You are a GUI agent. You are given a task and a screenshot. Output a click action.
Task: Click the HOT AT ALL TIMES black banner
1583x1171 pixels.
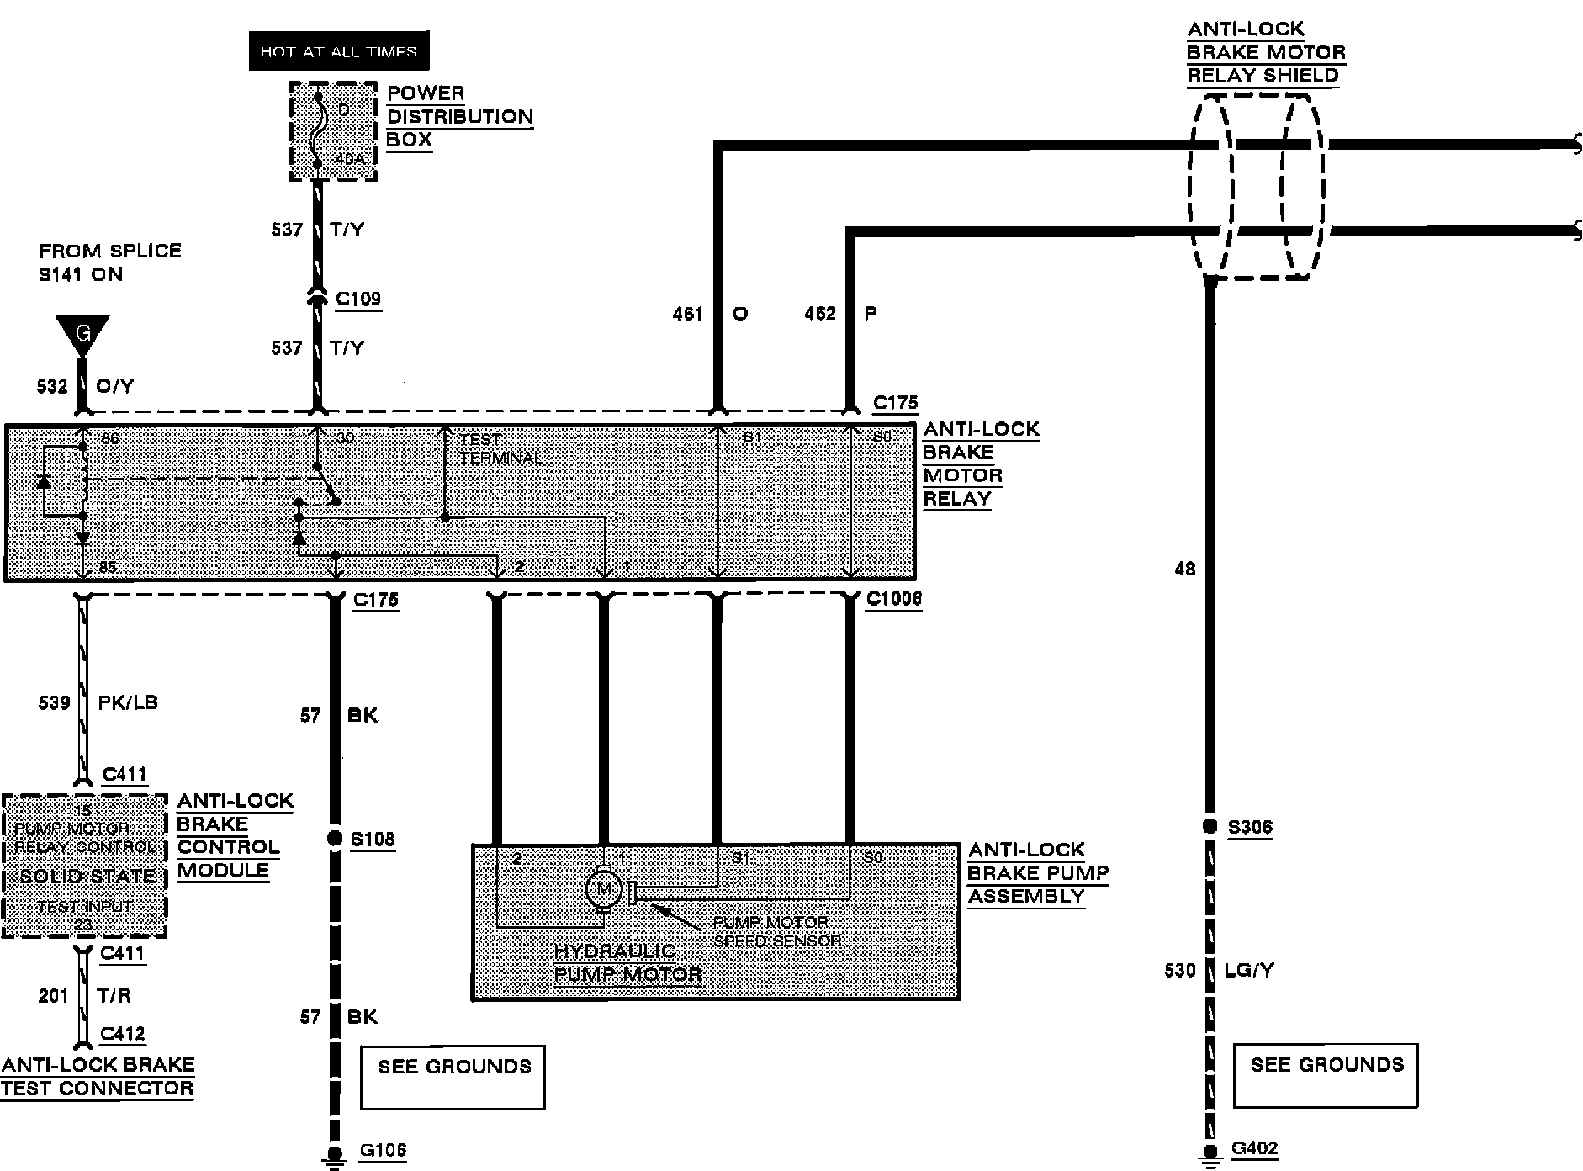click(338, 51)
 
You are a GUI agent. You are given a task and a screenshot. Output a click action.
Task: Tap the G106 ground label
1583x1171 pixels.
click(383, 1150)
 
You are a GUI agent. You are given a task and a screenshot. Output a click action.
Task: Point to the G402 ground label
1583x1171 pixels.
click(1255, 1148)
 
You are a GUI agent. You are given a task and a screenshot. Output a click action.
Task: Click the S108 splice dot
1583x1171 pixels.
click(335, 838)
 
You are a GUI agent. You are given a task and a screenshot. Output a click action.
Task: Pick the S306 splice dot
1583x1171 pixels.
click(1210, 826)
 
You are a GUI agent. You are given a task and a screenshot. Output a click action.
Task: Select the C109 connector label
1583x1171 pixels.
click(358, 299)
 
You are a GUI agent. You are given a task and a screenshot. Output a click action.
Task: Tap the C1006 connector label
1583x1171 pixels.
click(894, 599)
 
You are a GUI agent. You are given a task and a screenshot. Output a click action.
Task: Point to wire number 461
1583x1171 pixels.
click(687, 314)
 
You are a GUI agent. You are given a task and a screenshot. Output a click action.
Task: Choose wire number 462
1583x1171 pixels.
click(820, 314)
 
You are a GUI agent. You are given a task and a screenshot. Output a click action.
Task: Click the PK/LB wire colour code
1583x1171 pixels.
click(128, 702)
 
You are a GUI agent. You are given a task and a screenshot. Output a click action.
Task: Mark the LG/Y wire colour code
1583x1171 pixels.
click(1250, 970)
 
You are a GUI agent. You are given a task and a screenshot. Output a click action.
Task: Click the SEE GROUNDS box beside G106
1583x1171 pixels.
click(453, 1077)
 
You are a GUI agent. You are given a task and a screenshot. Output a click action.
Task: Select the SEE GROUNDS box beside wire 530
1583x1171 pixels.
click(1326, 1075)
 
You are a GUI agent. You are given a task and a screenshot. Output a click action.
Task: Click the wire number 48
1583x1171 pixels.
click(1184, 570)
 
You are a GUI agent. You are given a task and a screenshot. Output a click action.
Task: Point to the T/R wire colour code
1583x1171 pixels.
click(114, 996)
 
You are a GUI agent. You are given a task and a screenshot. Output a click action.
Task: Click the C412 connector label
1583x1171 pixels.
click(123, 1034)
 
